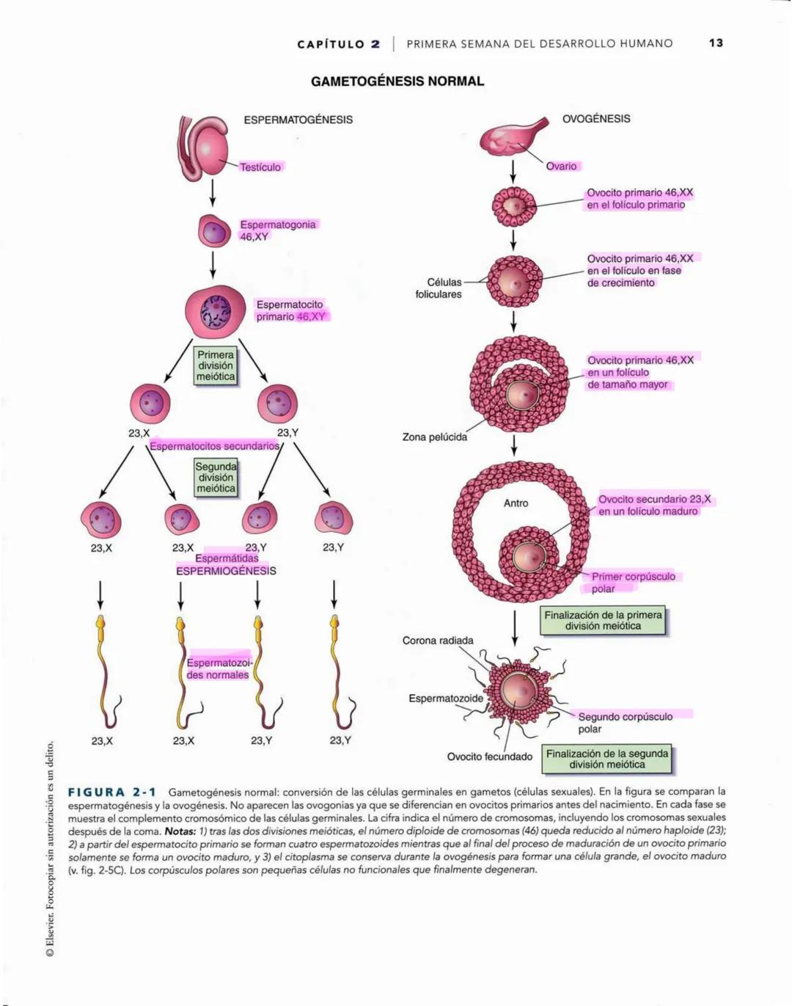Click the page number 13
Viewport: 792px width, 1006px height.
tap(716, 43)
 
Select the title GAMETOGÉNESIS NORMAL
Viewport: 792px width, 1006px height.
tap(397, 81)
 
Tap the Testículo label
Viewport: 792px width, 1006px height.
tap(260, 167)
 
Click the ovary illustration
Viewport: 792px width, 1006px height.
tap(510, 136)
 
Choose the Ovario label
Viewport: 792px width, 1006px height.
tap(561, 167)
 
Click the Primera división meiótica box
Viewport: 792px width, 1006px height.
tap(216, 365)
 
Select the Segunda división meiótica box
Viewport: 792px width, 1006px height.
tap(216, 478)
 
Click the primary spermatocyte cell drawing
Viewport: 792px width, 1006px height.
tap(215, 310)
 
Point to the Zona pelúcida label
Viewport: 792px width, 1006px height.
tap(434, 437)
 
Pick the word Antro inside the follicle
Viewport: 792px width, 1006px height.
tap(516, 503)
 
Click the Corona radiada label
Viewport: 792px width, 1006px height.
tap(438, 641)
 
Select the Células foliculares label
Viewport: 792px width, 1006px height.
tap(439, 288)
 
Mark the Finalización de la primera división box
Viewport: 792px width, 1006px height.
tap(603, 621)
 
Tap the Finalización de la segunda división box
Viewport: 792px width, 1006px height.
tap(607, 759)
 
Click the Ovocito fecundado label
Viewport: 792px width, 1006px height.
tap(490, 757)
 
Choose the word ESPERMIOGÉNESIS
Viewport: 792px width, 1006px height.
tap(226, 571)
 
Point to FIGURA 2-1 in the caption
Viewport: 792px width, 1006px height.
tap(112, 792)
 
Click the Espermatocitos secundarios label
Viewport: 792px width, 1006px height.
tap(214, 446)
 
